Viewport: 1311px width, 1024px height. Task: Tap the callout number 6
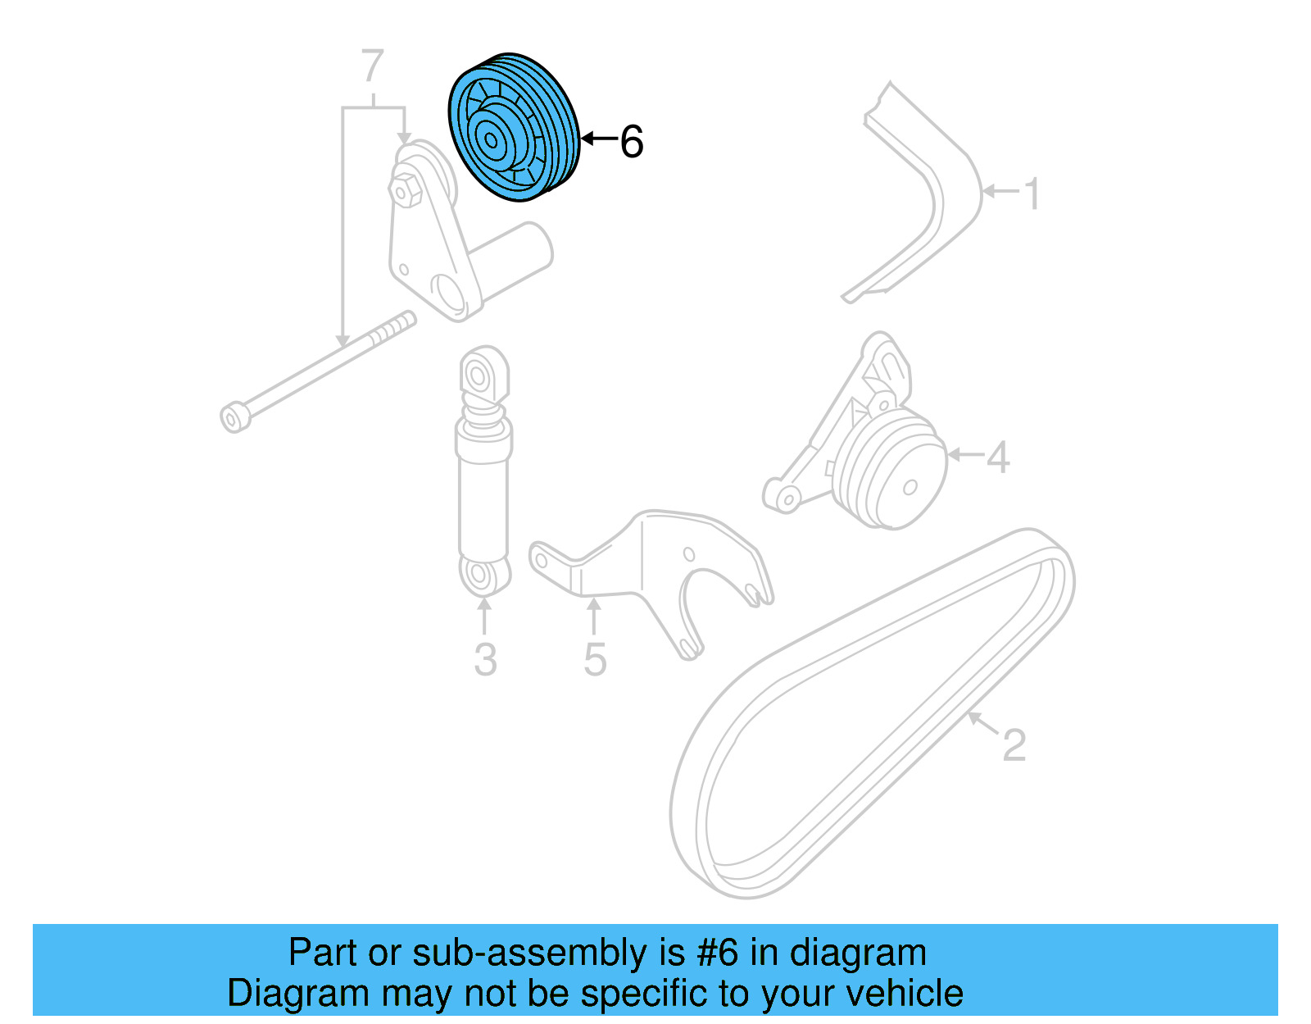[632, 141]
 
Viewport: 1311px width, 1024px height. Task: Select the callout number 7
[373, 66]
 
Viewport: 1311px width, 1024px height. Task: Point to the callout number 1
[1032, 193]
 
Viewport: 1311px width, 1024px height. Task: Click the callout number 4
[997, 457]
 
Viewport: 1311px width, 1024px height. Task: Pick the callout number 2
[1014, 744]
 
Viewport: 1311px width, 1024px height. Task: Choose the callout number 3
[485, 659]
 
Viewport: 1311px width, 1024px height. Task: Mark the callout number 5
[595, 659]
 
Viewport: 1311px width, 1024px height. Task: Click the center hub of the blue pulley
[492, 139]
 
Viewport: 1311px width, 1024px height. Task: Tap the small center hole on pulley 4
[910, 488]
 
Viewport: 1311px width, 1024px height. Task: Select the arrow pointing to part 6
[598, 139]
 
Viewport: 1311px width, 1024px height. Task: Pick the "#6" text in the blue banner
[717, 953]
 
